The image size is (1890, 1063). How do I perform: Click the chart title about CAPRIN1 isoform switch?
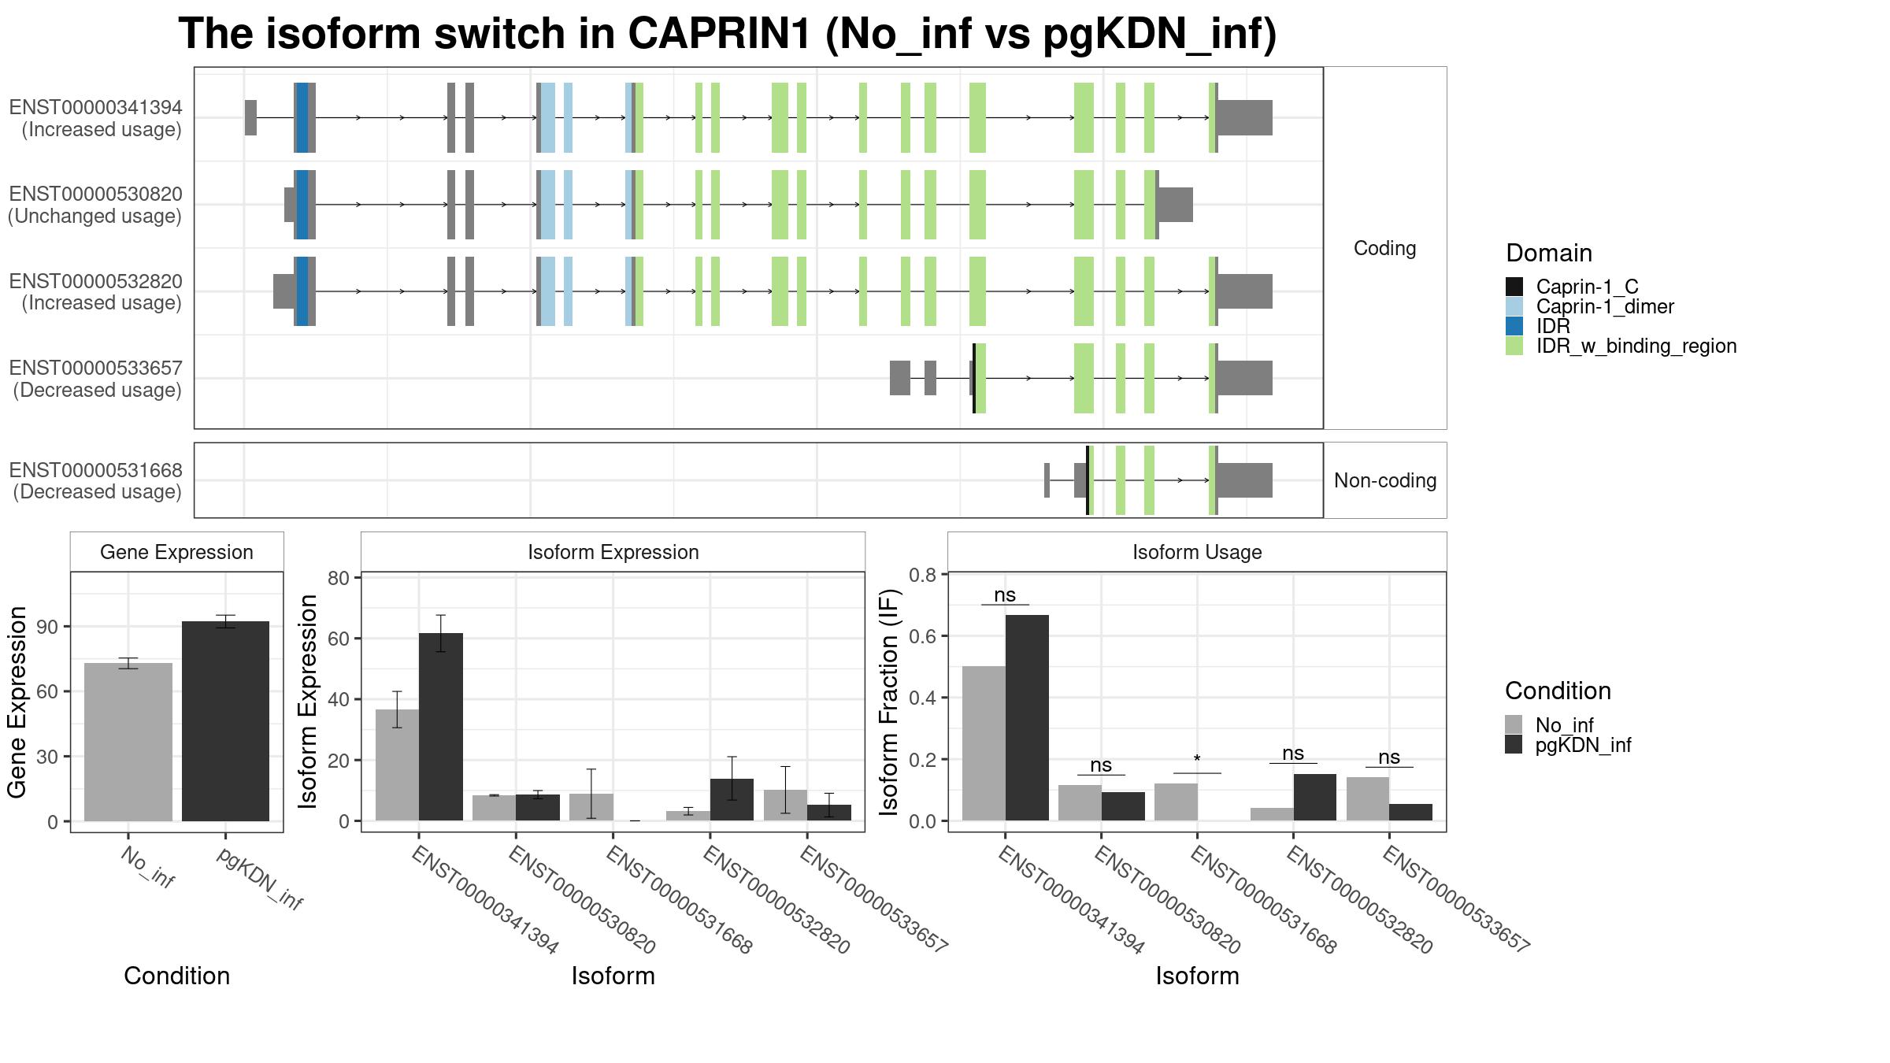pos(728,34)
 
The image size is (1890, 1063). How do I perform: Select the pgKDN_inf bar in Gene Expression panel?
pos(225,721)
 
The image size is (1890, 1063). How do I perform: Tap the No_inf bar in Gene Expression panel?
pos(128,742)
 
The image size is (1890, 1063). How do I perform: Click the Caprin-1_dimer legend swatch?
pos(1514,306)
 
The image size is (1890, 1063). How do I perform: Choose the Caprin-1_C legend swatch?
pos(1514,287)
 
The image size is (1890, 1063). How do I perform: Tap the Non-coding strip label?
pos(1385,480)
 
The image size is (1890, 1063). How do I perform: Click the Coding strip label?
pos(1384,248)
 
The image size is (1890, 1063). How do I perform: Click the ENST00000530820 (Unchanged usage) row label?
pos(95,205)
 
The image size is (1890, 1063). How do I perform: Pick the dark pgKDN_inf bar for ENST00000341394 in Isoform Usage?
pos(1027,717)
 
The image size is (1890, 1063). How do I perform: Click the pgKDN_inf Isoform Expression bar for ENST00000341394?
pos(441,727)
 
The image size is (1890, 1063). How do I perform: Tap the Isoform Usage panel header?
pos(1197,552)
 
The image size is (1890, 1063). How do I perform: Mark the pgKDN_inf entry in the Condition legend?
pos(1583,745)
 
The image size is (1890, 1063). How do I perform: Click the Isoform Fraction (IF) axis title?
pos(889,702)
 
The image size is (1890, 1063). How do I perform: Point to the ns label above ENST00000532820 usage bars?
pos(1293,754)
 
